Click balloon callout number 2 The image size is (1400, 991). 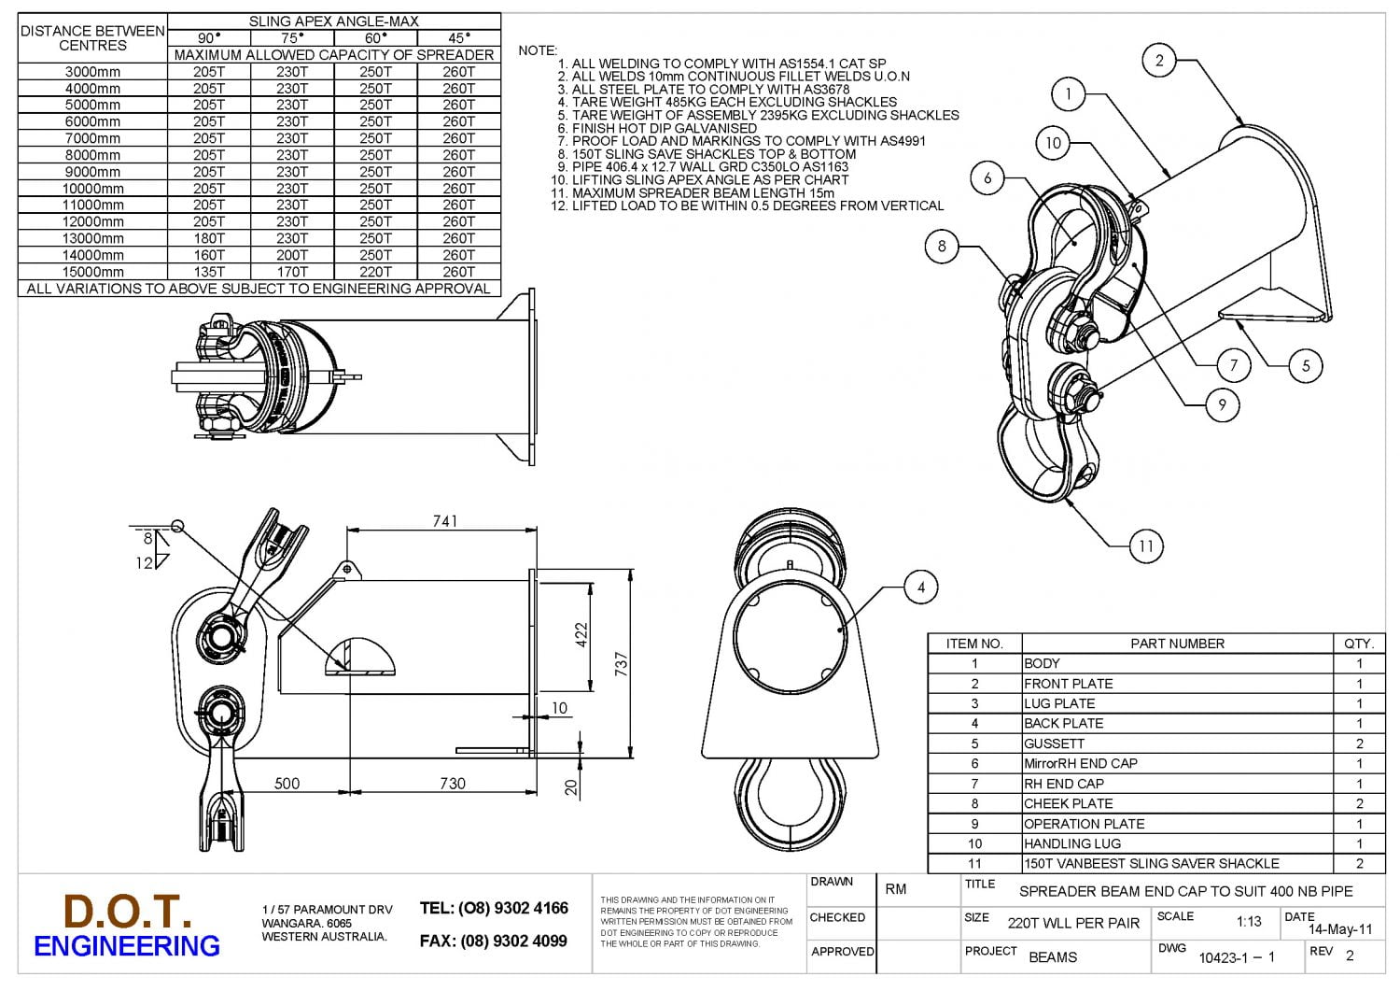point(1159,61)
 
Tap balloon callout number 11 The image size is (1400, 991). point(1145,546)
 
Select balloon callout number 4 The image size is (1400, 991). point(920,588)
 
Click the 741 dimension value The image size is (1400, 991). point(445,521)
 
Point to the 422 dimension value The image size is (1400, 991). point(581,636)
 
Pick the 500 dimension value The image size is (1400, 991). point(287,784)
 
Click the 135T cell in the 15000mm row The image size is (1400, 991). point(209,272)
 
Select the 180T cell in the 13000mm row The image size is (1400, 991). point(209,238)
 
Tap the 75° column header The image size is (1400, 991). point(292,38)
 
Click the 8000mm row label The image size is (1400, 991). point(92,155)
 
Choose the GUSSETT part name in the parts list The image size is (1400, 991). point(1055,743)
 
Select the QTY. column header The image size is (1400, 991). point(1359,644)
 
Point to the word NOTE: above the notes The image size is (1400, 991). point(538,50)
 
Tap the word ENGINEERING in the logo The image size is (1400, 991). point(127,946)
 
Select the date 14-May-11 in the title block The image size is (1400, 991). point(1340,929)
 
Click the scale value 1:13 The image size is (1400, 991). point(1249,922)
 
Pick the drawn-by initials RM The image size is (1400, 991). point(896,889)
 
